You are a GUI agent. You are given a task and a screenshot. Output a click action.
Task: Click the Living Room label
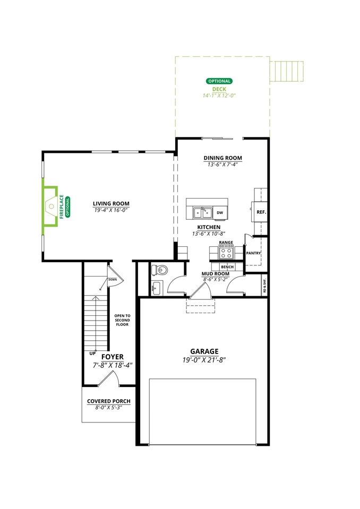pos(111,203)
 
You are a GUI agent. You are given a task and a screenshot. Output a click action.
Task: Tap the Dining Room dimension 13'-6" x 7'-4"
pos(222,165)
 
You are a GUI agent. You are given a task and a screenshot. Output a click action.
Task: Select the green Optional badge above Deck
pos(219,81)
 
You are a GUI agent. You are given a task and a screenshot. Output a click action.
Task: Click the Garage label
pos(204,351)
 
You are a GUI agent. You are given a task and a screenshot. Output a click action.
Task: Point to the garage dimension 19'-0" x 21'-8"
pos(204,360)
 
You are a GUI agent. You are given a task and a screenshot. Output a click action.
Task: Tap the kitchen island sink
pos(202,213)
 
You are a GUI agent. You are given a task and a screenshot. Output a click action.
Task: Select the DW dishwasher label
pos(219,213)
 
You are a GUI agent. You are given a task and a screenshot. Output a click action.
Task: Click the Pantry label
pos(253,253)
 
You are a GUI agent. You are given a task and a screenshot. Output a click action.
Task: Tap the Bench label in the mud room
pos(227,266)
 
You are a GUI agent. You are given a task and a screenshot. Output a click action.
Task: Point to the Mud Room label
pos(215,274)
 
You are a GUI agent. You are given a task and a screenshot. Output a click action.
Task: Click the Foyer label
pos(112,357)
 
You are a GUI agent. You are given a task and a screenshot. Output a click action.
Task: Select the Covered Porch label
pos(109,401)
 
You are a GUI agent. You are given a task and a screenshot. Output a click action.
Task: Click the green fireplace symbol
pos(51,205)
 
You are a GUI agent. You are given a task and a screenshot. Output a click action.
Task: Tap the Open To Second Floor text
pos(122,320)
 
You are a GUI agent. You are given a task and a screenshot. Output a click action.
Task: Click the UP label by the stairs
pos(92,352)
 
